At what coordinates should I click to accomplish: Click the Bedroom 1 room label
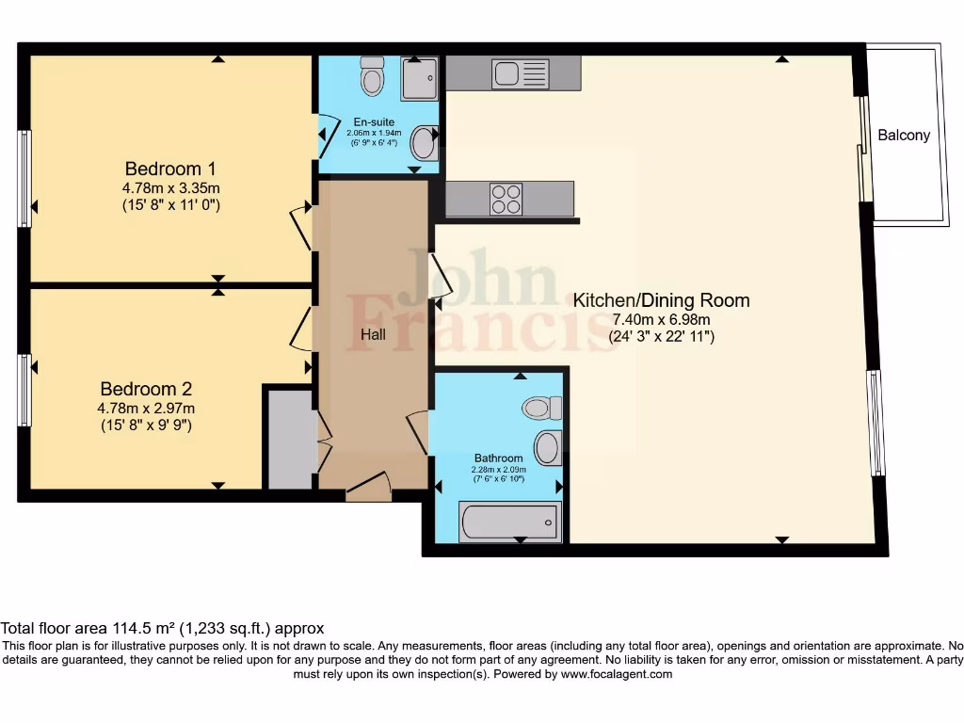click(x=170, y=169)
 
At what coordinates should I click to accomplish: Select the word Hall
click(x=374, y=334)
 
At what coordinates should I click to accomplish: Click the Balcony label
click(x=904, y=135)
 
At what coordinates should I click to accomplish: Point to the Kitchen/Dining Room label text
click(x=662, y=300)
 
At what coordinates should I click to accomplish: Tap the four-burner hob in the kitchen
click(x=506, y=199)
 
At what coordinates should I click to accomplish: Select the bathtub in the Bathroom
click(x=509, y=522)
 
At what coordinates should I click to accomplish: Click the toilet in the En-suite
click(x=373, y=76)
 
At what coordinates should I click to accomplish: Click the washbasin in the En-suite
click(x=425, y=144)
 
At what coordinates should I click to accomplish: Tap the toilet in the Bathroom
click(x=542, y=408)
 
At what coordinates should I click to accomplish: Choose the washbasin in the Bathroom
click(x=548, y=447)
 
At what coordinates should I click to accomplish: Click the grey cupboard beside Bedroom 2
click(x=290, y=439)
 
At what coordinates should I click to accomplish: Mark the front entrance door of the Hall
click(x=368, y=487)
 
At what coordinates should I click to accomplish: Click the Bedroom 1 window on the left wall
click(x=24, y=178)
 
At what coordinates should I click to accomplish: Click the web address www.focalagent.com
click(x=616, y=674)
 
